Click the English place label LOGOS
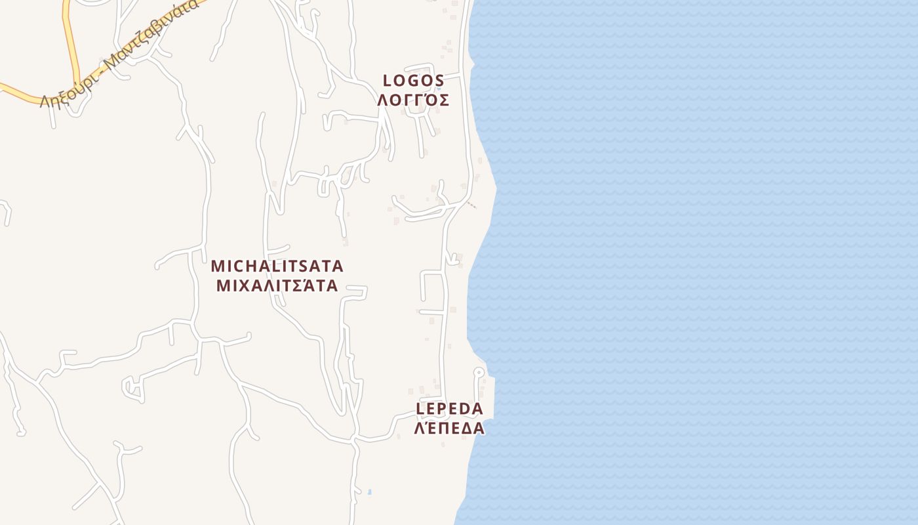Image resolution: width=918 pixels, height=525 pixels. coord(414,81)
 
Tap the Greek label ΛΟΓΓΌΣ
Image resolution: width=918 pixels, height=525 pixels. coord(413,100)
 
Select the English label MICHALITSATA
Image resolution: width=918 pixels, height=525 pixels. coord(277,266)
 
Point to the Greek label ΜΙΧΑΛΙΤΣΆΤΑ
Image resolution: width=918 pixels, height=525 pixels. coord(277,285)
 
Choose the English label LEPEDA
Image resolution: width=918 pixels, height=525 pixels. coord(450,409)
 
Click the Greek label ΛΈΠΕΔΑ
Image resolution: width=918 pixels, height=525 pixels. coord(450,429)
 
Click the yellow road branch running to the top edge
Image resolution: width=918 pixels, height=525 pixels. coord(66,26)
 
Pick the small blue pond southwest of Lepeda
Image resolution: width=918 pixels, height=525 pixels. coord(370,492)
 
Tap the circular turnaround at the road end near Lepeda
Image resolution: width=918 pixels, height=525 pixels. coord(479,372)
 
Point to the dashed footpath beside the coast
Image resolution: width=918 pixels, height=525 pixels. coord(471,205)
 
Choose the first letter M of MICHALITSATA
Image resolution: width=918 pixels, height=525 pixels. coord(218,266)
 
